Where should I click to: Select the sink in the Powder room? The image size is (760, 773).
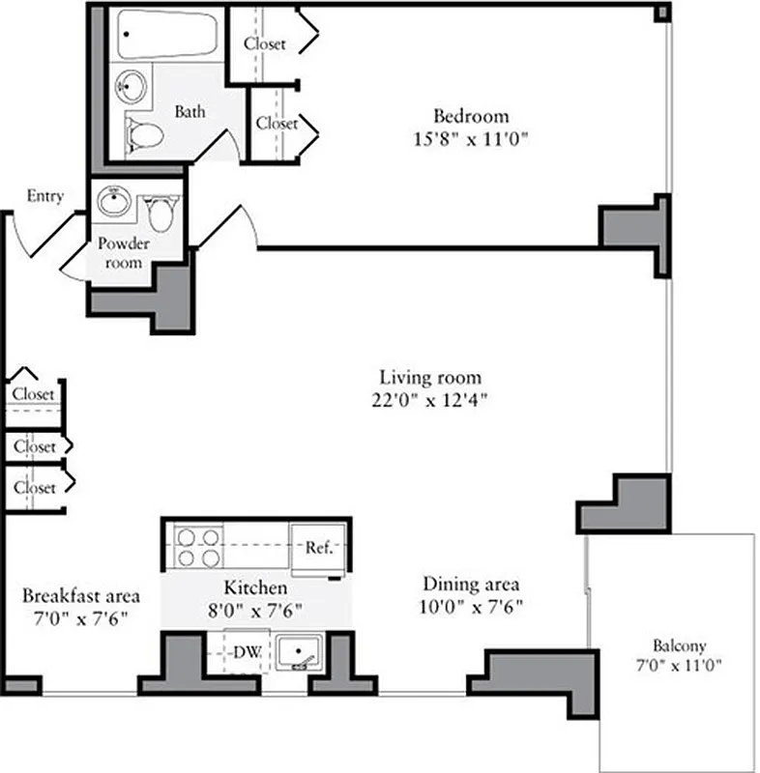coord(114,204)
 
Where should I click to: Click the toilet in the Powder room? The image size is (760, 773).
coord(161,213)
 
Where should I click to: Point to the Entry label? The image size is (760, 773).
coord(44,196)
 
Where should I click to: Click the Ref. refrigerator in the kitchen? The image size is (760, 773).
coord(319,548)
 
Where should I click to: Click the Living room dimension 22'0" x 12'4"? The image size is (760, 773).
coord(429,400)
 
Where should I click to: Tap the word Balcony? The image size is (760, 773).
coord(679,645)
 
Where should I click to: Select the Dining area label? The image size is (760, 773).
coord(471,584)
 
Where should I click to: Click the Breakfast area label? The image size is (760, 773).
coord(80,594)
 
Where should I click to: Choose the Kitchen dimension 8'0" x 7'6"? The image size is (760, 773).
coord(255,610)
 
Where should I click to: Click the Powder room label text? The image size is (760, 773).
coord(124,253)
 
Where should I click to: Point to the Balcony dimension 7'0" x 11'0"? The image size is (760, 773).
coord(679,665)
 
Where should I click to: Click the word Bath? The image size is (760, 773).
coord(190,111)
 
